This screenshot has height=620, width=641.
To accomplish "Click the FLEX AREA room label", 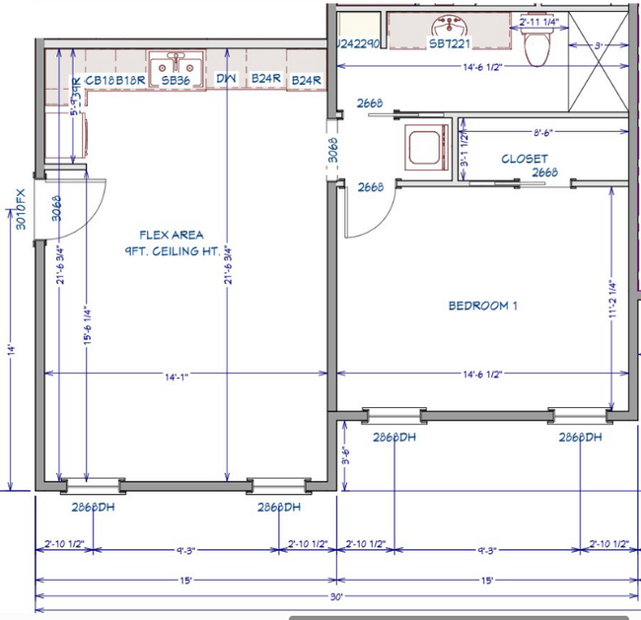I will click(172, 235).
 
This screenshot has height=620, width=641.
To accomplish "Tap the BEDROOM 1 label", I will click(483, 306).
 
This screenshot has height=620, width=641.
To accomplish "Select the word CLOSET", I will click(525, 159).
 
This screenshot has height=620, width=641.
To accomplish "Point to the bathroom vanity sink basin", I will click(450, 25).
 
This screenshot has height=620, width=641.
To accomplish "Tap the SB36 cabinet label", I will click(176, 80).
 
